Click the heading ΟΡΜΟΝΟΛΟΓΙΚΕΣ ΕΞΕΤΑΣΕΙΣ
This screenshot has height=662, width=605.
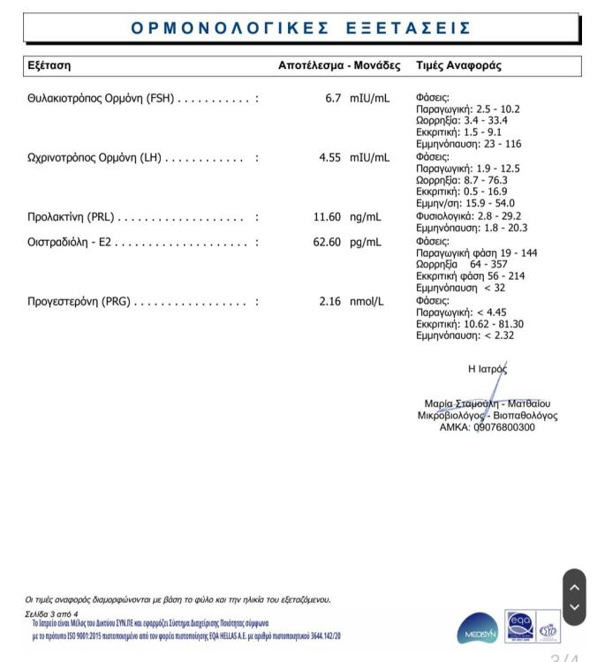(301, 28)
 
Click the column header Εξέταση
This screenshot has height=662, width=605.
(49, 66)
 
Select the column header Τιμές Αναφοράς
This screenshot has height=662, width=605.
(458, 66)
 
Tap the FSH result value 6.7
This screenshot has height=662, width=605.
(332, 98)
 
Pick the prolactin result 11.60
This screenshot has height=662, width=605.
(327, 217)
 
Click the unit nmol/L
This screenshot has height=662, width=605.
(367, 302)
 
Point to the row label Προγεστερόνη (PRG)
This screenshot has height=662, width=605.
(79, 302)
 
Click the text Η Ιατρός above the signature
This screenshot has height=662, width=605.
(488, 369)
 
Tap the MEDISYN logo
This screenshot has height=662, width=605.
(478, 630)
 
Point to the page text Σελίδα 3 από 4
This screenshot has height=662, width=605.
(52, 613)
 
